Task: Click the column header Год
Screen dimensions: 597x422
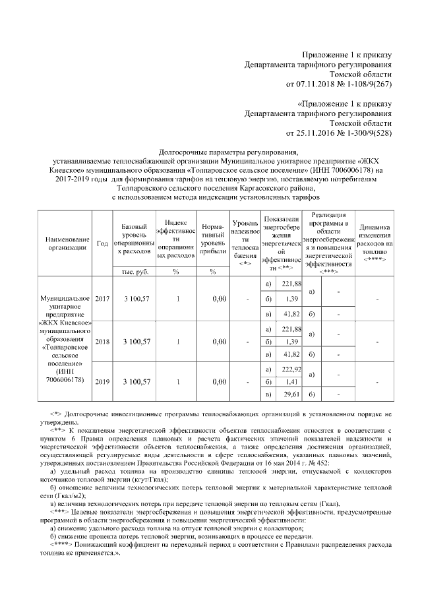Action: [x=102, y=243]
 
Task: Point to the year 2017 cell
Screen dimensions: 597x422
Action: [x=102, y=299]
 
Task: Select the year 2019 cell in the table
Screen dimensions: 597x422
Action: [x=102, y=382]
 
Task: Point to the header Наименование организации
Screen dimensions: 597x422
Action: [x=63, y=243]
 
